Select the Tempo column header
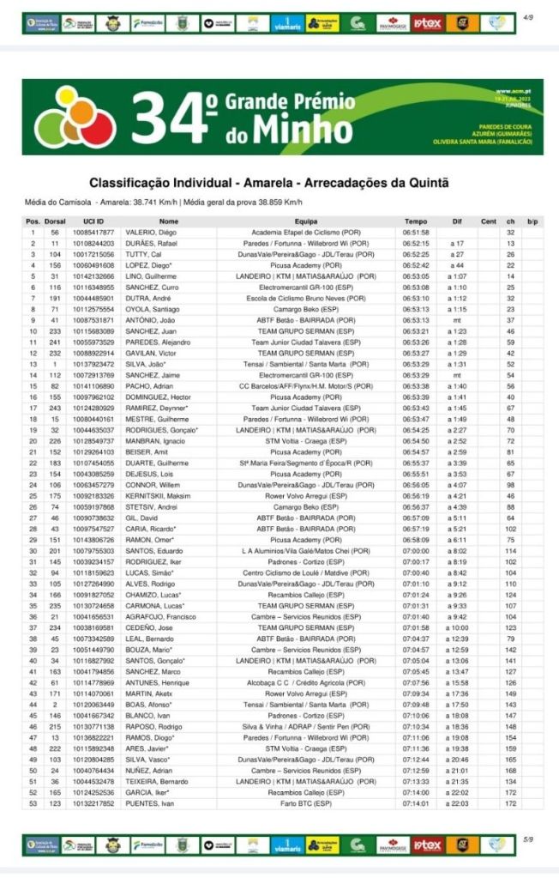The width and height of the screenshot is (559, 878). (x=416, y=221)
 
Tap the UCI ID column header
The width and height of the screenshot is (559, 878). (x=93, y=221)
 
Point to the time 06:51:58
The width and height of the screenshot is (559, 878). (x=416, y=233)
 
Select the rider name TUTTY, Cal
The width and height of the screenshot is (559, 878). (x=145, y=255)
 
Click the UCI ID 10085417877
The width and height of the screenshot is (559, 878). (x=93, y=233)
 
